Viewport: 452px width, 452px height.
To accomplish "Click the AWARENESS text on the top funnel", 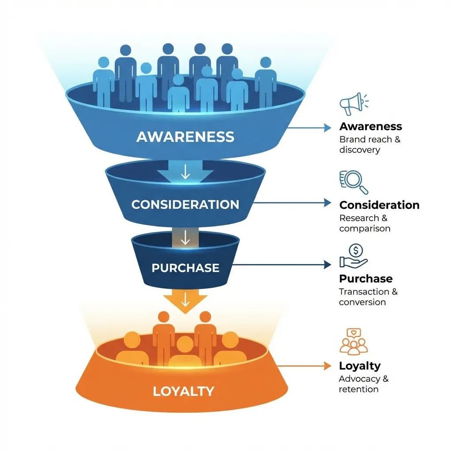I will [185, 136].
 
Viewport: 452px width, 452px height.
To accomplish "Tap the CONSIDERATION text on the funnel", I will [185, 205].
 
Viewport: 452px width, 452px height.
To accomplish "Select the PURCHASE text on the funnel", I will [185, 268].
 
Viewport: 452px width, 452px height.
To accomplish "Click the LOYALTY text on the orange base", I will [184, 391].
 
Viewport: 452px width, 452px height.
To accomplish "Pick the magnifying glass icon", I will [354, 181].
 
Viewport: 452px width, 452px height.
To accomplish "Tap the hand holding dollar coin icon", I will [354, 256].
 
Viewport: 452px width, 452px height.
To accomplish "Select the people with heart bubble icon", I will [354, 341].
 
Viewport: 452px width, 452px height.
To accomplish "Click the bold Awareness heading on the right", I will [371, 127].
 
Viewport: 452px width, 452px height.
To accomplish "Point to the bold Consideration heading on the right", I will [379, 205].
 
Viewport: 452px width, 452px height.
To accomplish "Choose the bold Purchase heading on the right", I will [365, 279].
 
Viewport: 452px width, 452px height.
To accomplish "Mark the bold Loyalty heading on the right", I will [360, 366].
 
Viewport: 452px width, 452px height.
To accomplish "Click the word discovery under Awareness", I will [359, 150].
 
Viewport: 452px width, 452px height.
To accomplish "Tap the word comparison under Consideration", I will [365, 229].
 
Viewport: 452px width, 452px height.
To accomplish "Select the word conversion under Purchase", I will [362, 302].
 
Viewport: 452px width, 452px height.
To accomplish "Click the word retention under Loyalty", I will [358, 389].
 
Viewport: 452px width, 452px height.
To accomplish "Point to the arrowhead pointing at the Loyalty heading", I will [328, 366].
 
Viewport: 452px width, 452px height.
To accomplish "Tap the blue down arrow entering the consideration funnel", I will [185, 172].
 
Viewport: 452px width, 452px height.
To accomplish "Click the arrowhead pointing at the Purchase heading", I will [328, 265].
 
